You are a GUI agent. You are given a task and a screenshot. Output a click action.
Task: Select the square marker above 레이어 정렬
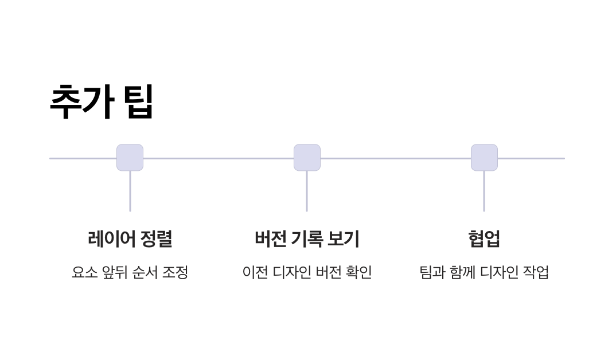click(130, 158)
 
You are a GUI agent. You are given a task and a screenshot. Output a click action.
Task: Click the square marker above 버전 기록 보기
click(307, 158)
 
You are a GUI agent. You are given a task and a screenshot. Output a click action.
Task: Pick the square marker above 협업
click(484, 158)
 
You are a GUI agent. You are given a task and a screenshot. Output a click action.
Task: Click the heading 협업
click(484, 238)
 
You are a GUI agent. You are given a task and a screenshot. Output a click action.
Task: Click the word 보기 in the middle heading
click(343, 238)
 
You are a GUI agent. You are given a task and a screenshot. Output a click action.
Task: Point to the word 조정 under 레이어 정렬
click(176, 272)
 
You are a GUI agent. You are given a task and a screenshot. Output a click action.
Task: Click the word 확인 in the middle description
click(359, 272)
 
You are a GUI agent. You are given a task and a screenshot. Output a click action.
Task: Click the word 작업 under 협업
click(536, 272)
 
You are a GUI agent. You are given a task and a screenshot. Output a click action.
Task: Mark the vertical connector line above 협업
click(484, 191)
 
